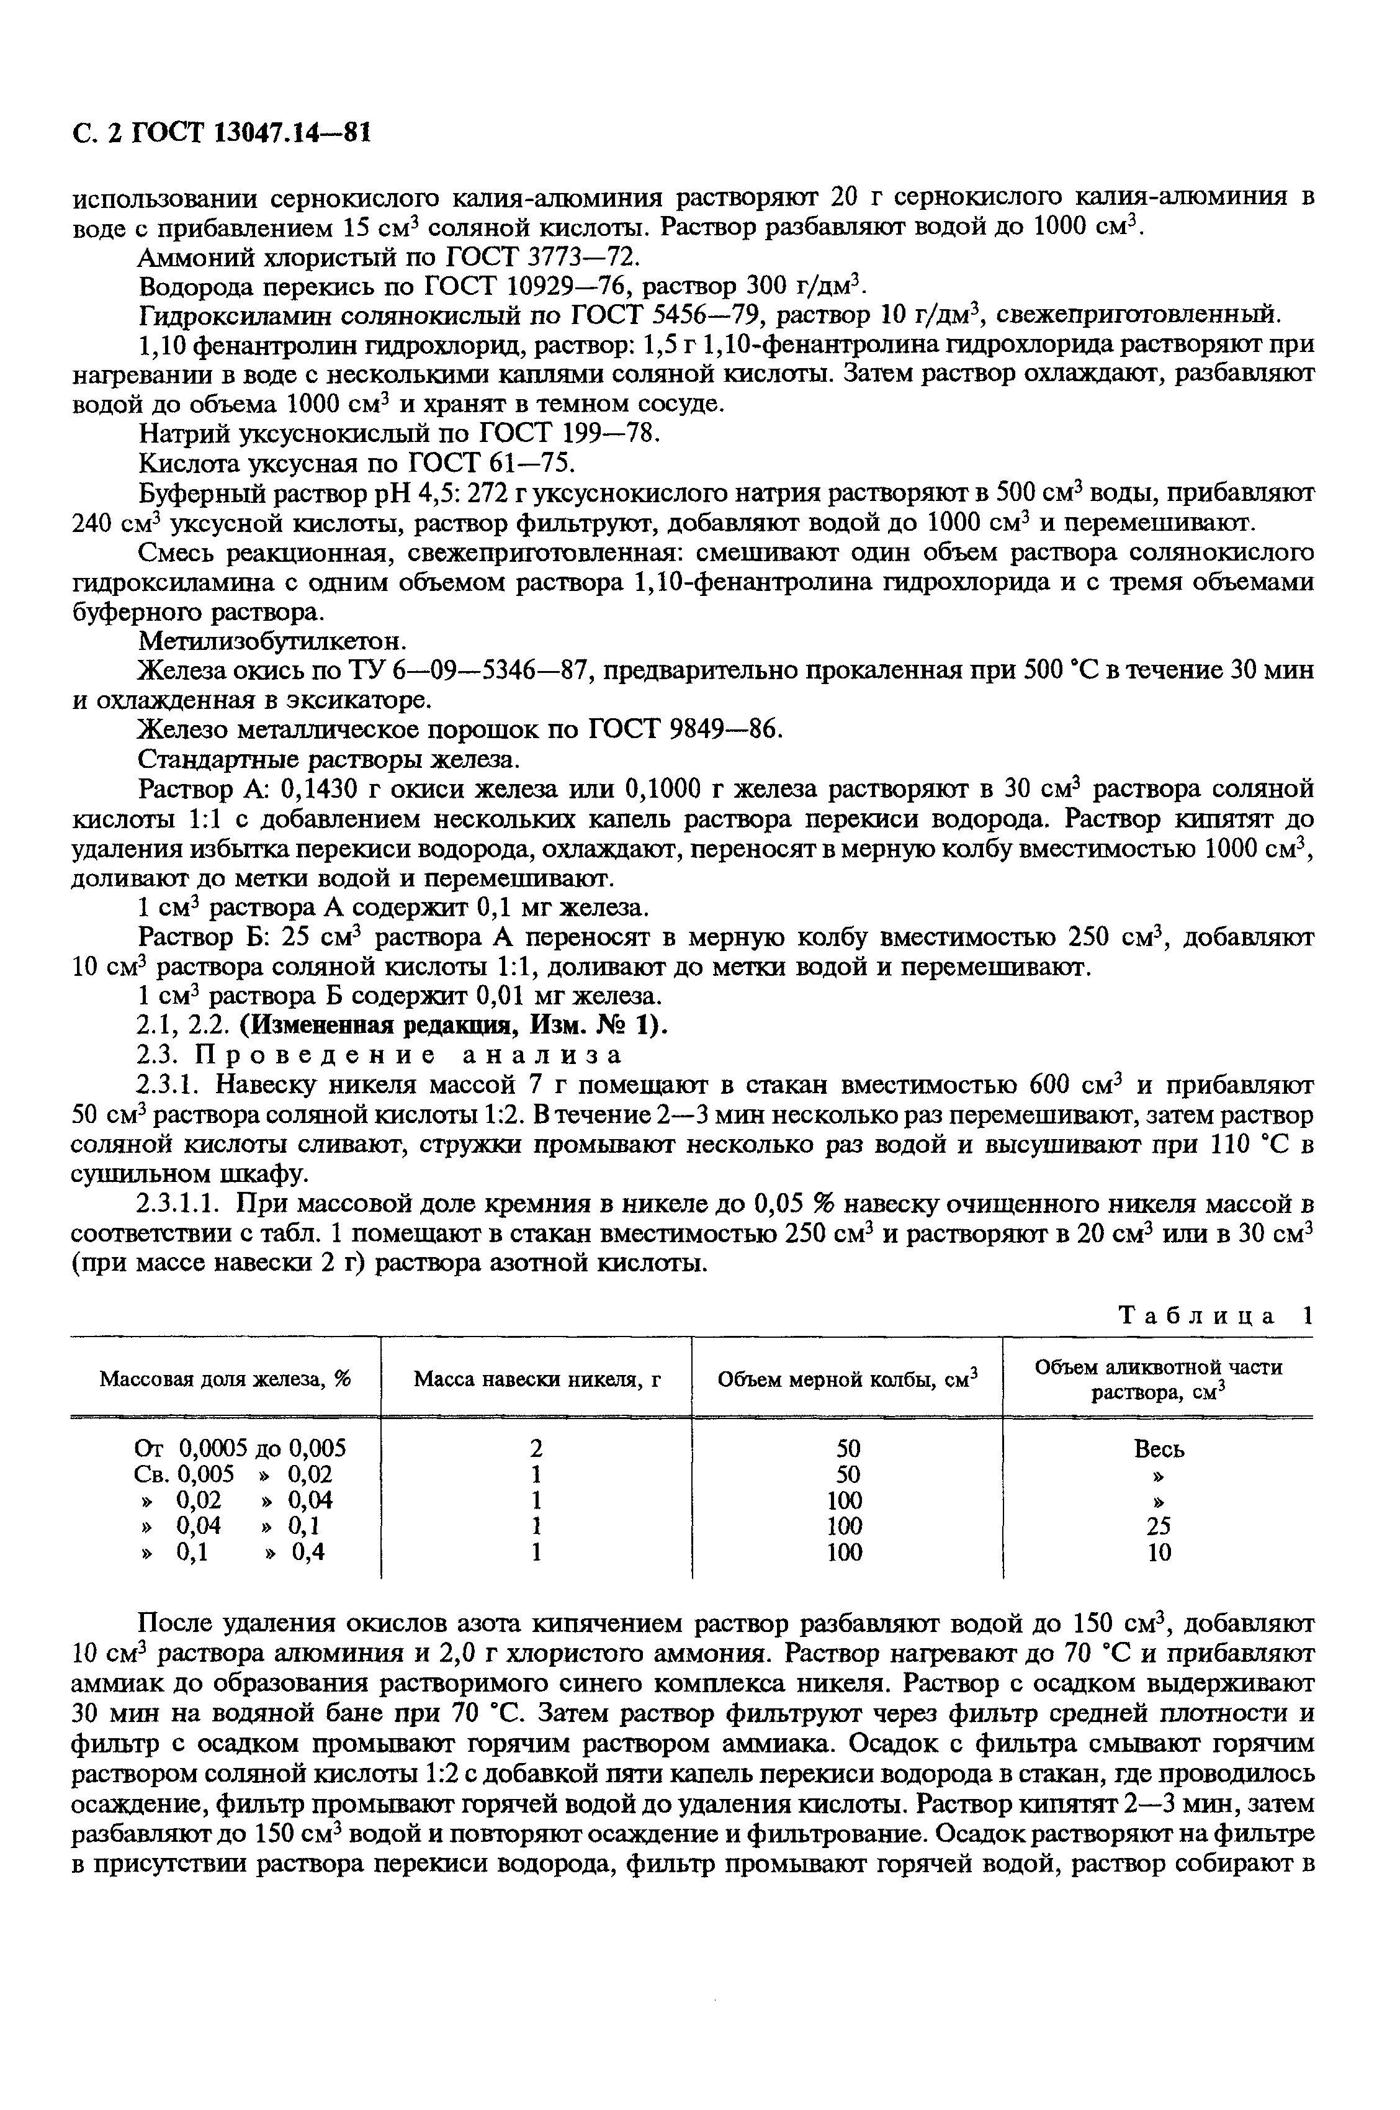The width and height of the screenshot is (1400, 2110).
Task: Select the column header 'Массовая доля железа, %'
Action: click(x=225, y=1379)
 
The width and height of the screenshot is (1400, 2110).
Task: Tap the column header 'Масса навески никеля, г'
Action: click(x=537, y=1379)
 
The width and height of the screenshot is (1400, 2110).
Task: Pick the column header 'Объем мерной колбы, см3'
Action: click(x=848, y=1379)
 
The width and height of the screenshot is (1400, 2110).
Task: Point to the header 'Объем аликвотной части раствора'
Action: click(x=1158, y=1379)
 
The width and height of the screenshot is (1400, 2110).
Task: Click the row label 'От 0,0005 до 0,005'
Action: click(x=240, y=1448)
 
